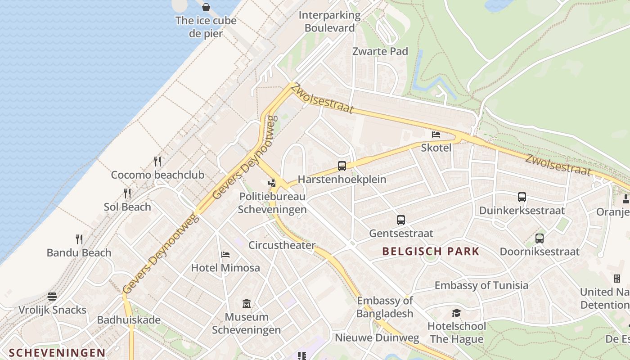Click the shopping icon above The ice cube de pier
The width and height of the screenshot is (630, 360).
tap(206, 7)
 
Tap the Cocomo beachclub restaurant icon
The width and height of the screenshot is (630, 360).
tap(157, 161)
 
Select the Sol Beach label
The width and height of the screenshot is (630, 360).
tap(127, 207)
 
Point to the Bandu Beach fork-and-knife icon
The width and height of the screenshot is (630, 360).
tap(79, 239)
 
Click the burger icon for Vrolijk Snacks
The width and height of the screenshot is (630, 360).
tap(53, 297)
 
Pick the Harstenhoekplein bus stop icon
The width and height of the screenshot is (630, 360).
tap(342, 166)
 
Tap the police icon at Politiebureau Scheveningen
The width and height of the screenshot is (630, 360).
tap(271, 183)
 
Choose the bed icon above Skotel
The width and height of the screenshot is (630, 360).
tap(436, 134)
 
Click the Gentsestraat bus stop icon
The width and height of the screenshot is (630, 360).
tap(401, 220)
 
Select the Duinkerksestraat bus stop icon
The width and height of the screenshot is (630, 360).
tap(522, 197)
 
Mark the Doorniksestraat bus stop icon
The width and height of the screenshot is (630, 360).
tap(540, 238)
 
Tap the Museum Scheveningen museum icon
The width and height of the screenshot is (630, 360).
tap(246, 304)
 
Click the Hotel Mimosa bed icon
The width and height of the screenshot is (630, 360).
tap(225, 255)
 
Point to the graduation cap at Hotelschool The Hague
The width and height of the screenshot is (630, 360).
tap(456, 313)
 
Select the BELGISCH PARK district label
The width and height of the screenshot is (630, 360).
tap(431, 252)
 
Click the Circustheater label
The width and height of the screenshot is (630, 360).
tap(282, 245)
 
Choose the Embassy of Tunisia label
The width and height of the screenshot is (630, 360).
tap(481, 285)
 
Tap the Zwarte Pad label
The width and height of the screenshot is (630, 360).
tap(380, 51)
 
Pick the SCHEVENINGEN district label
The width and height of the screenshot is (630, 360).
tap(57, 353)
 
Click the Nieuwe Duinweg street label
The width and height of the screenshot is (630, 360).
tap(377, 337)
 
